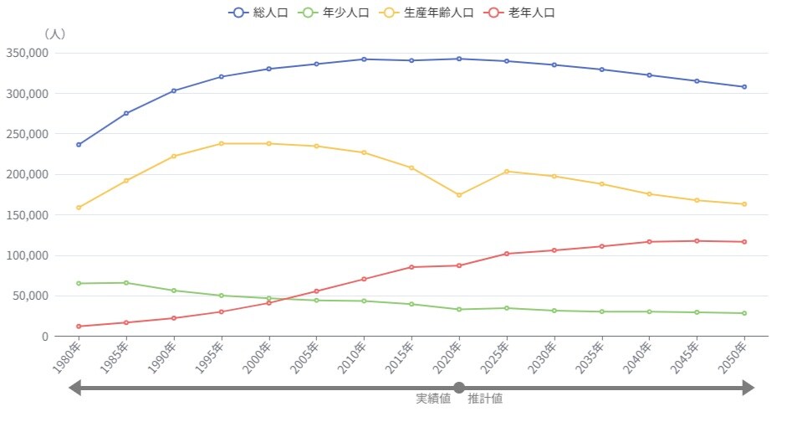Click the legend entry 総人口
pos(258,13)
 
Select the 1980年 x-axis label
pos(69,358)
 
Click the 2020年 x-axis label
pos(449,358)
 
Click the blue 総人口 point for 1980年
pos(79,145)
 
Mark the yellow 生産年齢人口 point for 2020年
pos(458,195)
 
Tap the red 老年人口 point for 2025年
pos(506,254)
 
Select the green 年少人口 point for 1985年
pos(126,283)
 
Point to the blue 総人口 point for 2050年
pos(744,87)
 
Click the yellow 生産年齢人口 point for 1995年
pos(222,144)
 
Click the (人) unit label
pos(54,34)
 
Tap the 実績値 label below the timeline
pos(433,399)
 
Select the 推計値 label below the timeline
pos(485,399)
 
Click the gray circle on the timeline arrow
pos(458,387)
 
